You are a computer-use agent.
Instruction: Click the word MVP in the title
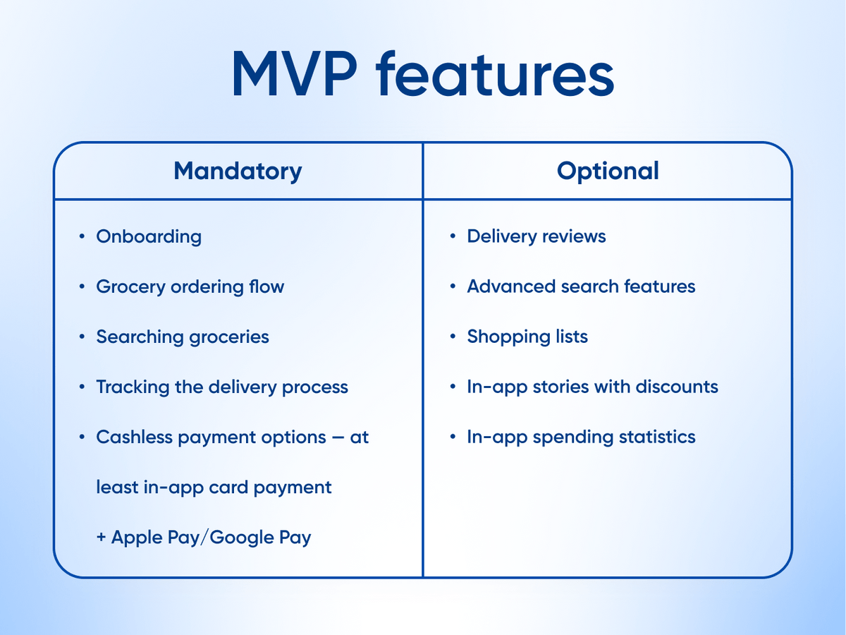[295, 73]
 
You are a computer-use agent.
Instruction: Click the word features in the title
[495, 73]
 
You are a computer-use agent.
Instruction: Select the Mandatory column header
[238, 171]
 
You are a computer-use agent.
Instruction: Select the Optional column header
[608, 171]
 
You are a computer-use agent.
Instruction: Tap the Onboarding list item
[149, 236]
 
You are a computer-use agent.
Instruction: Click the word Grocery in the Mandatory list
[131, 287]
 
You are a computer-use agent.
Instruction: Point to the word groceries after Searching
[229, 337]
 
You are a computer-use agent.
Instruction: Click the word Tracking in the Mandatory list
[133, 387]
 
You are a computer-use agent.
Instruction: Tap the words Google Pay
[260, 538]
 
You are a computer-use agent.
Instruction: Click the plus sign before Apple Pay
[101, 537]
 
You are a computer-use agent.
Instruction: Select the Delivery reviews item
[537, 236]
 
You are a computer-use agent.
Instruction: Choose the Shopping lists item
[527, 337]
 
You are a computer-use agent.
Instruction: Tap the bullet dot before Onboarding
[82, 236]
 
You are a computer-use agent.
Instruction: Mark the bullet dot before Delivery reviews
[453, 236]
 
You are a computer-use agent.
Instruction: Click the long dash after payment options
[338, 437]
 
